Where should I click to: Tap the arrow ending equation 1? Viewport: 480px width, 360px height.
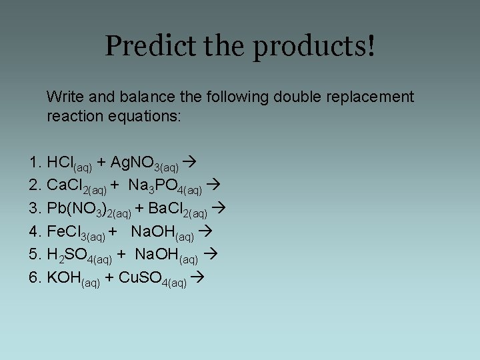(x=189, y=163)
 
